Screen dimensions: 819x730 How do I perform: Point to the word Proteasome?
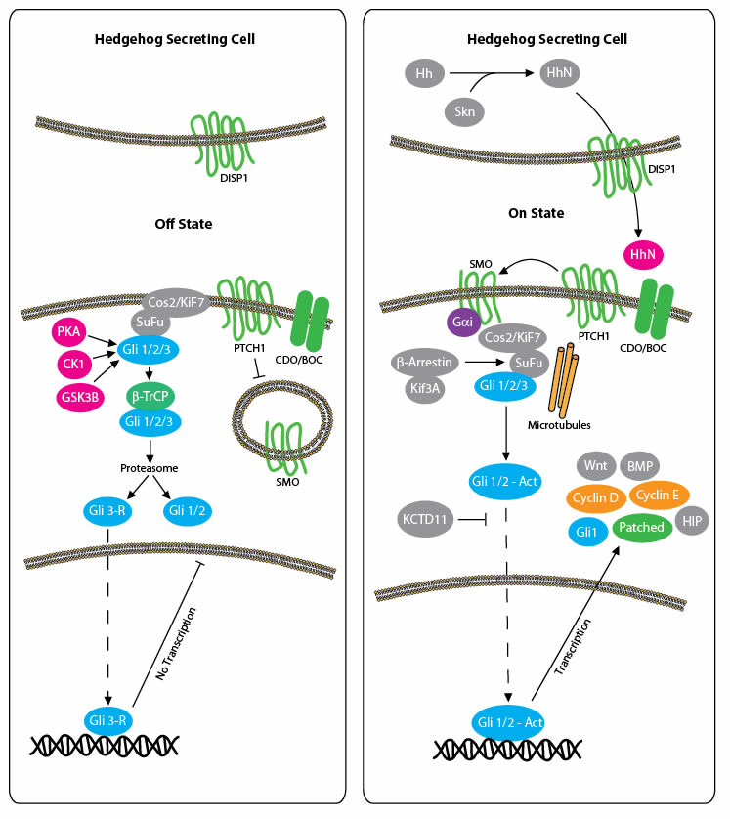[x=150, y=468]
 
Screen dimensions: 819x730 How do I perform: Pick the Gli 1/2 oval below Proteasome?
[x=191, y=509]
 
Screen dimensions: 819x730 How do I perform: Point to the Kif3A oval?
[x=426, y=389]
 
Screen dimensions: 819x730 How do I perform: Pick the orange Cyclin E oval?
[x=662, y=495]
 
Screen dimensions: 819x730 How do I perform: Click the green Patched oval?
[x=640, y=528]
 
